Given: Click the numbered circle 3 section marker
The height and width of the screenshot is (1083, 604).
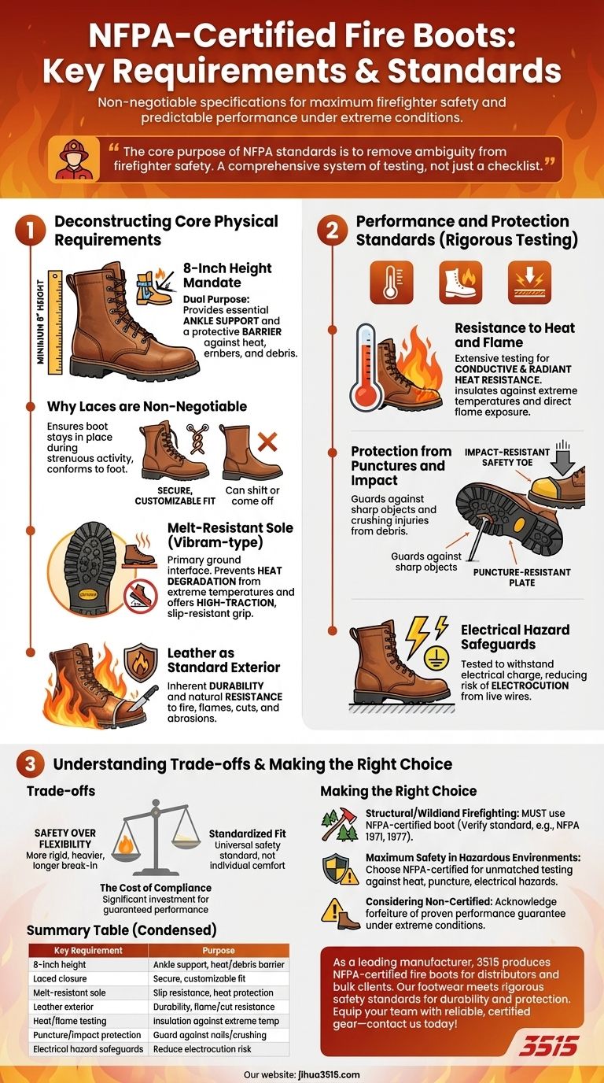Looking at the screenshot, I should point(28,763).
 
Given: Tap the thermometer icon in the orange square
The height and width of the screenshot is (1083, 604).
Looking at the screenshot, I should point(391,283).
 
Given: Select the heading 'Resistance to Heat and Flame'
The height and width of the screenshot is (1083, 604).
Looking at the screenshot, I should point(514,335).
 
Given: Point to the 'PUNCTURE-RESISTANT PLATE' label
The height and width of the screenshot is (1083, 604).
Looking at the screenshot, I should point(511,577).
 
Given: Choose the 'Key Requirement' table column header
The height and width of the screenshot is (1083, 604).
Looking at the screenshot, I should point(88,950).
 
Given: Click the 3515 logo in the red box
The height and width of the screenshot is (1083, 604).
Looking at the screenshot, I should point(547,1045).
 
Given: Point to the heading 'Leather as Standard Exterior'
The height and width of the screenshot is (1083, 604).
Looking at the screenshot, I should point(223,660).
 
